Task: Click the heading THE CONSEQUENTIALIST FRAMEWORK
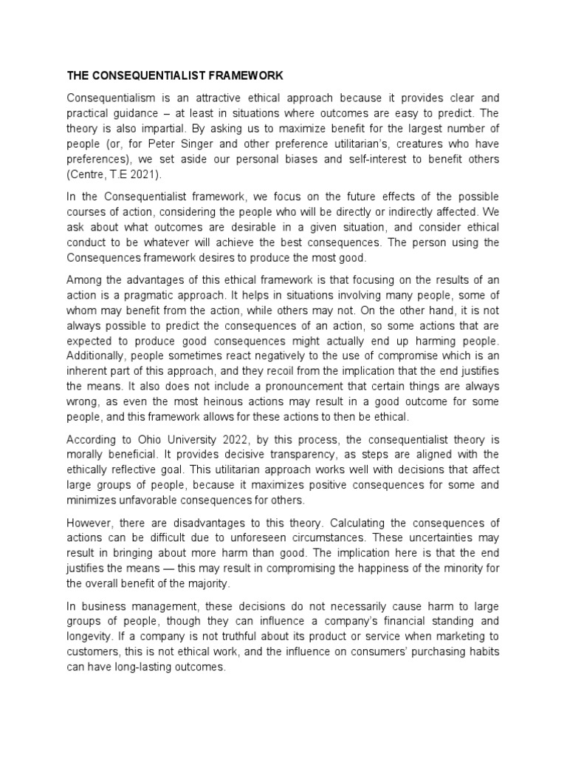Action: (175, 75)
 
